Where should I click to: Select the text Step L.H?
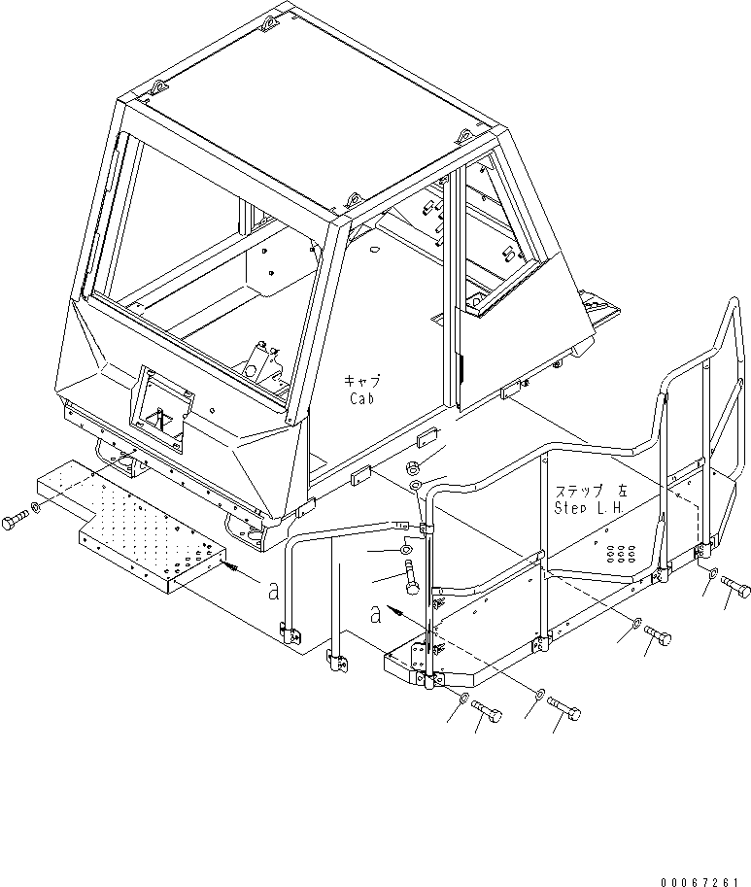(590, 506)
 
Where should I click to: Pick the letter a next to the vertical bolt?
(375, 613)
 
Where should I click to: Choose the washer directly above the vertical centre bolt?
(405, 551)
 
